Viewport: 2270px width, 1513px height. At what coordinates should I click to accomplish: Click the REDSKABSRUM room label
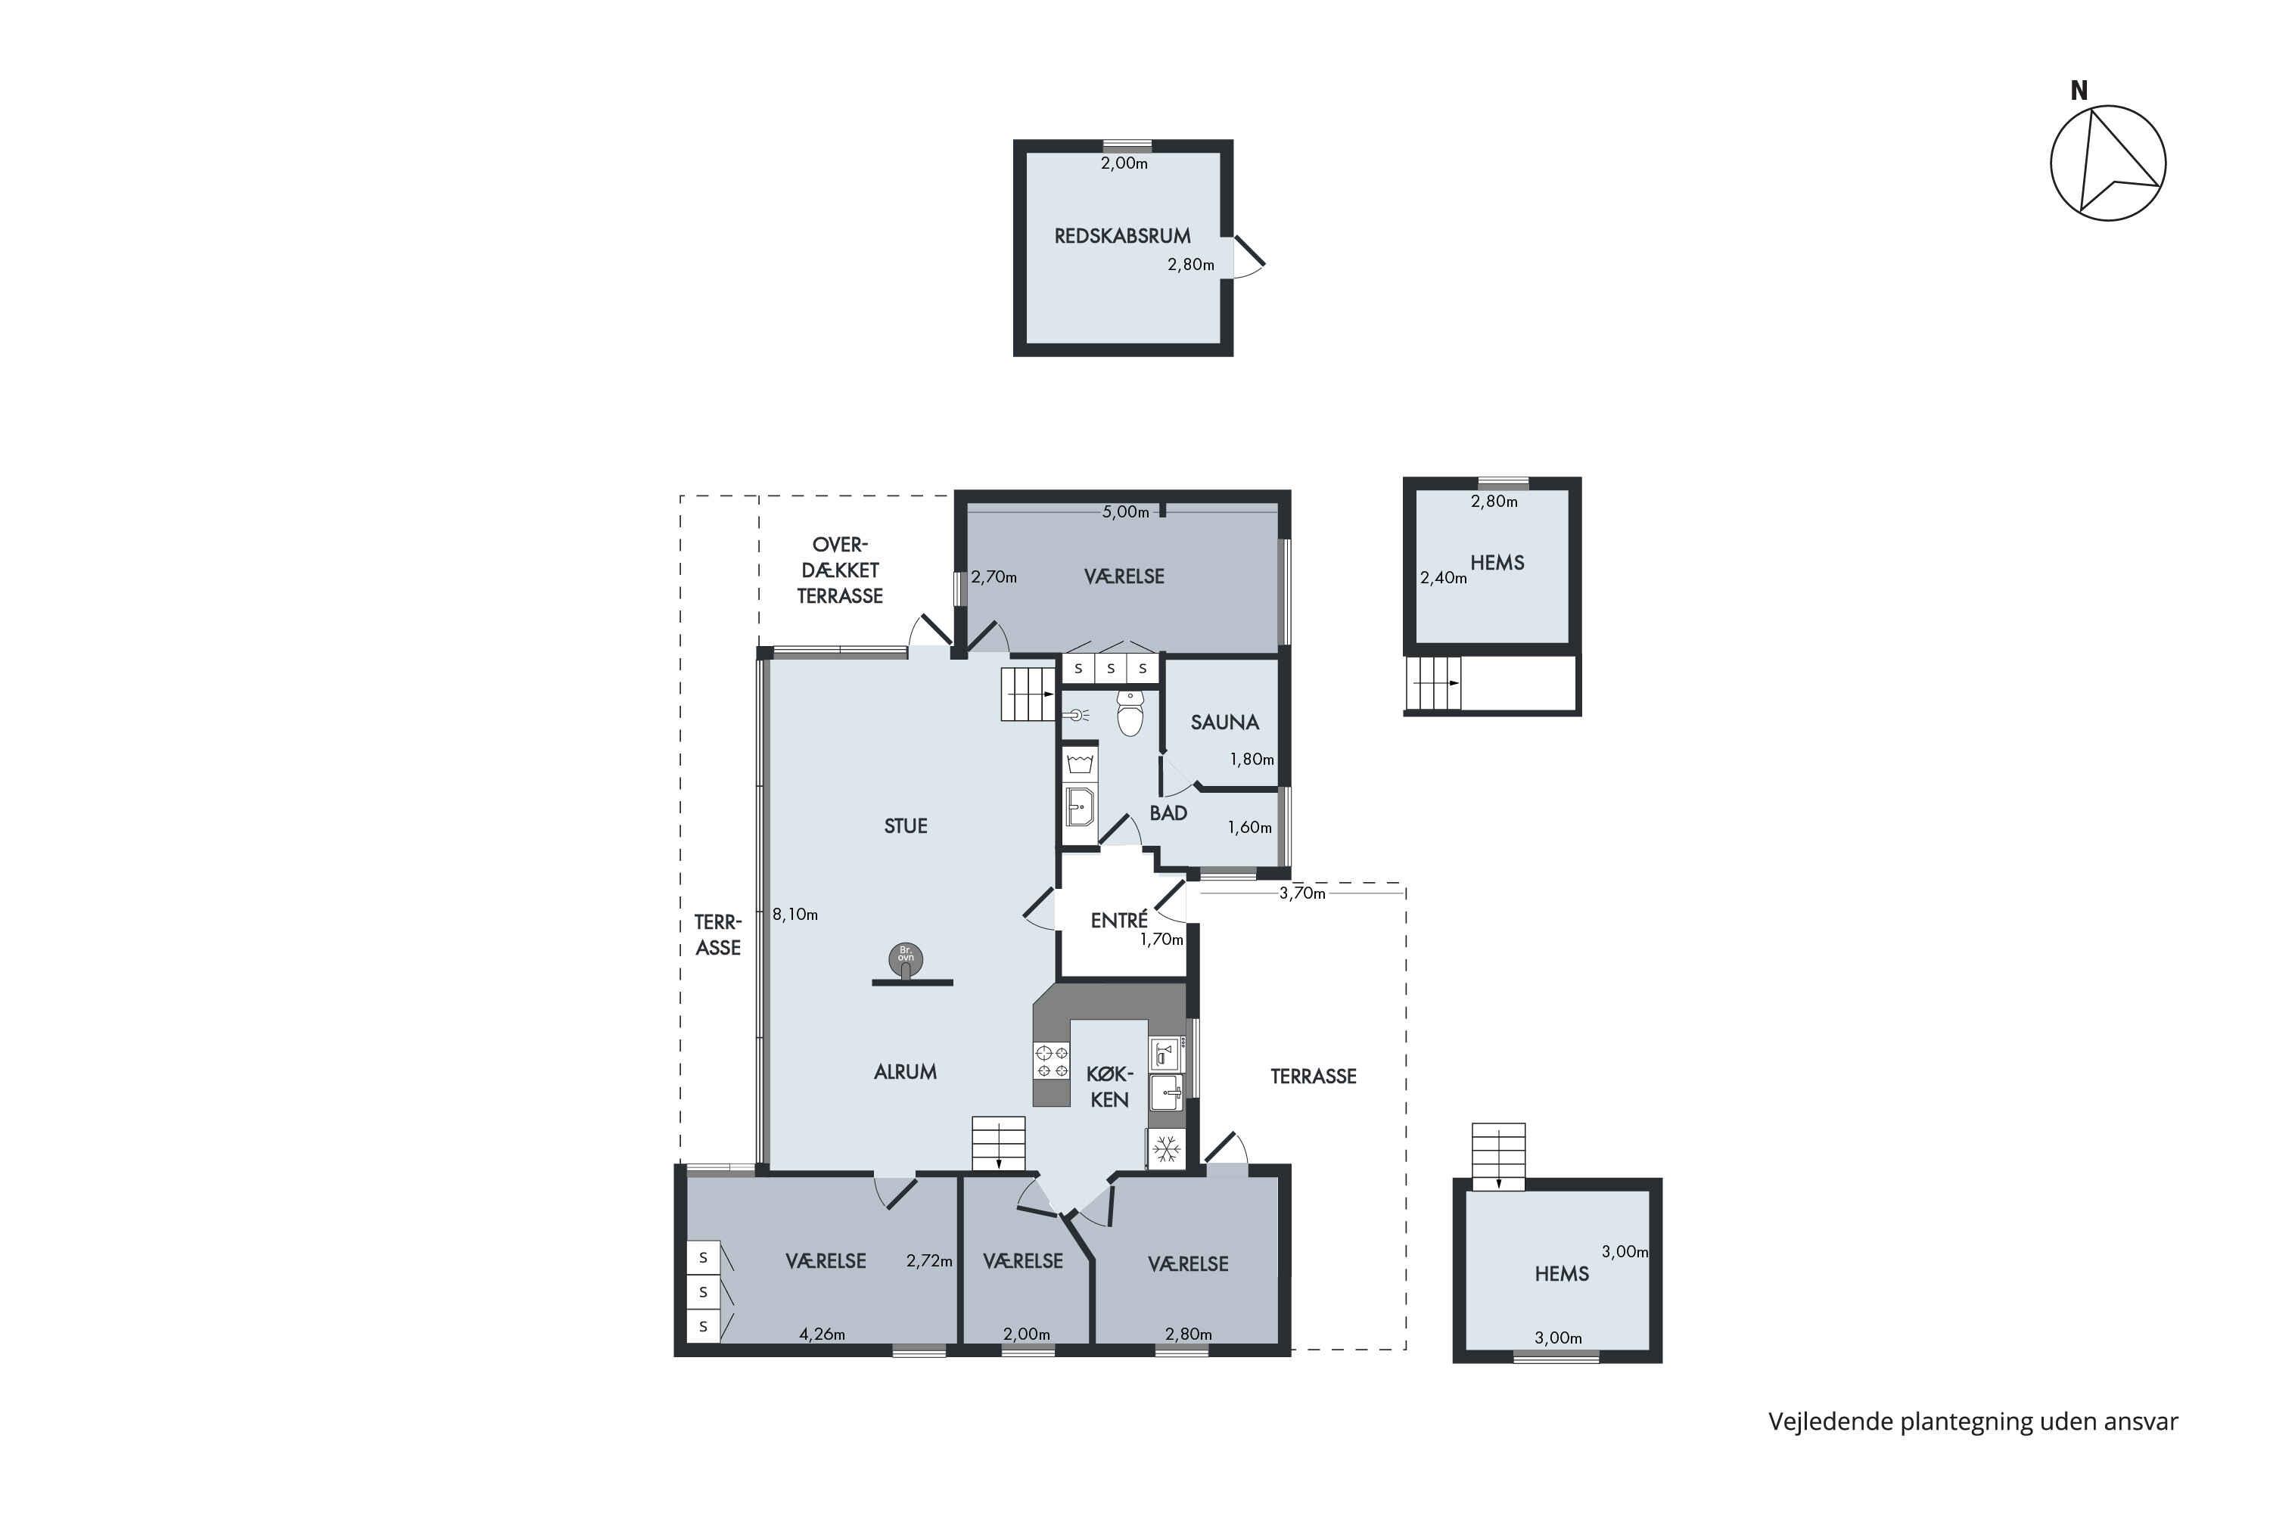pyautogui.click(x=1121, y=236)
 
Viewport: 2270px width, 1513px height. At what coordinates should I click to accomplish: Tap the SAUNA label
pyautogui.click(x=1225, y=722)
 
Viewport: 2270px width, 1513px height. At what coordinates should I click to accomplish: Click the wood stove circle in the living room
pyautogui.click(x=905, y=958)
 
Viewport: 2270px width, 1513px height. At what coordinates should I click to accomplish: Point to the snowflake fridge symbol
pyautogui.click(x=1167, y=1149)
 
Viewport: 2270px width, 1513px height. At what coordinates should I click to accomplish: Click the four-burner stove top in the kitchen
pyautogui.click(x=1052, y=1061)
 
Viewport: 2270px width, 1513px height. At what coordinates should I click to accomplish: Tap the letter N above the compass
pyautogui.click(x=2079, y=91)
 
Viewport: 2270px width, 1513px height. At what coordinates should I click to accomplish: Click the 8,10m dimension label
pyautogui.click(x=795, y=915)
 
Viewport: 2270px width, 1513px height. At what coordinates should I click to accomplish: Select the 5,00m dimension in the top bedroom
pyautogui.click(x=1125, y=512)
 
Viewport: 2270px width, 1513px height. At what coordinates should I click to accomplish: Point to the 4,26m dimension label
pyautogui.click(x=822, y=1334)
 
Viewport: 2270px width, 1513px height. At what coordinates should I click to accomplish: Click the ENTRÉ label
pyautogui.click(x=1118, y=921)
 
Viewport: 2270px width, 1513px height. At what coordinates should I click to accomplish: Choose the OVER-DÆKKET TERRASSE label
pyautogui.click(x=840, y=570)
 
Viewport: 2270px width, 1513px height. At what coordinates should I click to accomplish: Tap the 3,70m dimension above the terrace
pyautogui.click(x=1303, y=893)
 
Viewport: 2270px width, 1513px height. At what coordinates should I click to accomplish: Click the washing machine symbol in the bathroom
pyautogui.click(x=1080, y=763)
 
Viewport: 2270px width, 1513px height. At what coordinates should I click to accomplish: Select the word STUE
pyautogui.click(x=905, y=826)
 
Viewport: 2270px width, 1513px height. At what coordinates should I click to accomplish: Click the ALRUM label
pyautogui.click(x=905, y=1072)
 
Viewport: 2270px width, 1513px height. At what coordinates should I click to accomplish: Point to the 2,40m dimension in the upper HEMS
pyautogui.click(x=1443, y=579)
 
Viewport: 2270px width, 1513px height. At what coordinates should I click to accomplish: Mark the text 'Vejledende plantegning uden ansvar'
pyautogui.click(x=1973, y=1422)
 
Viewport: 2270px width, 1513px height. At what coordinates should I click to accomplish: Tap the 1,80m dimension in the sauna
pyautogui.click(x=1252, y=760)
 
